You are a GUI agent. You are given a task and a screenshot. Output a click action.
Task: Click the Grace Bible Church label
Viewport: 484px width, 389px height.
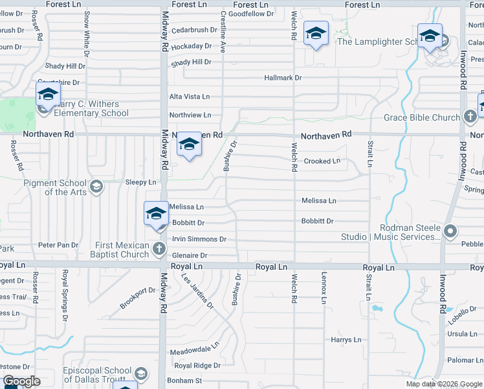[421, 117]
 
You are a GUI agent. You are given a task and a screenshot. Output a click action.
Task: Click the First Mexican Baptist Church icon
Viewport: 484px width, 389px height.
[159, 248]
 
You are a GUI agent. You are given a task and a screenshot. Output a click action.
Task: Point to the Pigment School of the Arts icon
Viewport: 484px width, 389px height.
[96, 187]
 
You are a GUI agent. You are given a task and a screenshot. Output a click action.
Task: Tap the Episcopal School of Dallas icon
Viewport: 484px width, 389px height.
[140, 374]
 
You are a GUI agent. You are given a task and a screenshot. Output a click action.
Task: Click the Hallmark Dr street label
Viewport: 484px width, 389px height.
[283, 78]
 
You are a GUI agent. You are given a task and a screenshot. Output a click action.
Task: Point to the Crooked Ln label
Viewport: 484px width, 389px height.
[322, 161]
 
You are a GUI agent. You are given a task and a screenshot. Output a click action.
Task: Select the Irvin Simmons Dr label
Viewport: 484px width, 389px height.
[199, 239]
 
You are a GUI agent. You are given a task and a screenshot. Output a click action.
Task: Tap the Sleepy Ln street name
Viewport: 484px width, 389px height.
[140, 183]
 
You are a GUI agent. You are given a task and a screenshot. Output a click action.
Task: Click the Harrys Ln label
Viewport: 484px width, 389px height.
[346, 340]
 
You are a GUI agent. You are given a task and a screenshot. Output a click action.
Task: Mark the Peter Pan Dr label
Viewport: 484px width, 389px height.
[58, 245]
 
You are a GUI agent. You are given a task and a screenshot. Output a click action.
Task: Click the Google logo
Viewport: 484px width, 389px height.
[21, 381]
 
